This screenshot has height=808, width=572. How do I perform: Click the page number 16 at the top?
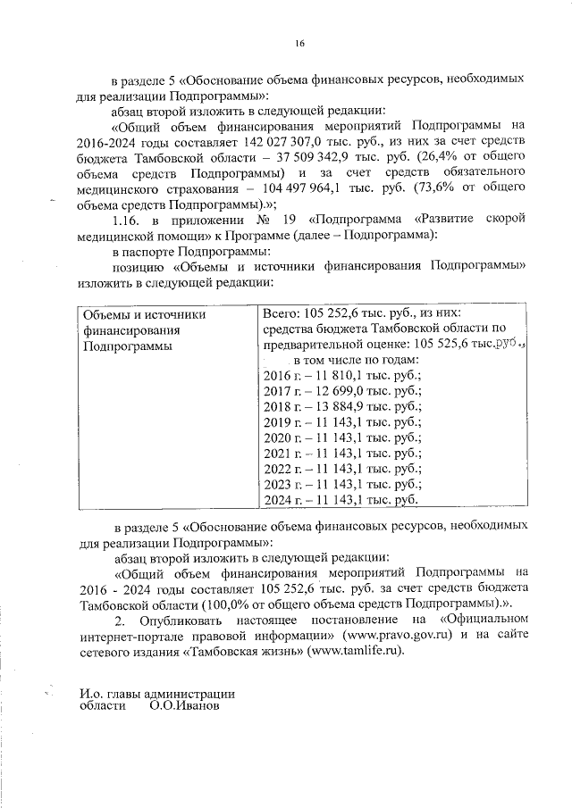pyautogui.click(x=300, y=44)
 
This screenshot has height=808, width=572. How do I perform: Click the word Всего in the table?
pyautogui.click(x=280, y=313)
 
